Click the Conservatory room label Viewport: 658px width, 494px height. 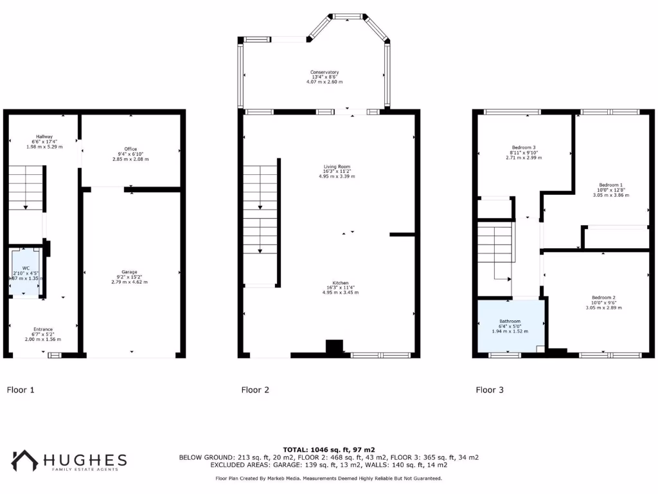(325, 72)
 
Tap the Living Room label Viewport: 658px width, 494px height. (337, 167)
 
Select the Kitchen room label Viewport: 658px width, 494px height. (340, 283)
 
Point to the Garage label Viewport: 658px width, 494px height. (129, 272)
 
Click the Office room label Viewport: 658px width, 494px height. (130, 149)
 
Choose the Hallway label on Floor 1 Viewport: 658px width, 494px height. (44, 136)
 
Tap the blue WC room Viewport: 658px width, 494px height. (25, 273)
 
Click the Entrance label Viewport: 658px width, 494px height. (43, 329)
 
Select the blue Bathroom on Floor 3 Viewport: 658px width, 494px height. (511, 326)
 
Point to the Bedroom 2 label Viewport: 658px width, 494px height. (603, 297)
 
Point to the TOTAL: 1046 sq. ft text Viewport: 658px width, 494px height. (328, 449)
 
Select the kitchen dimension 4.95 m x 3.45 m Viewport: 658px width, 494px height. (340, 292)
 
